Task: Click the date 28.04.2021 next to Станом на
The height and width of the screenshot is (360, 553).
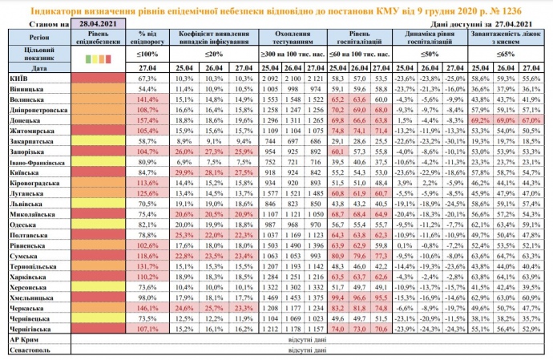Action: (99, 26)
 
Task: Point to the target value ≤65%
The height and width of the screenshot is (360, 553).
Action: (504, 53)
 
